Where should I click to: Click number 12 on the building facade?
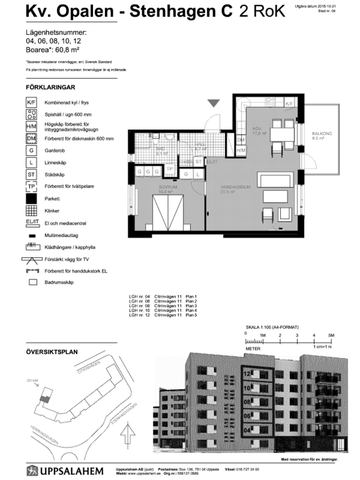[244, 372]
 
